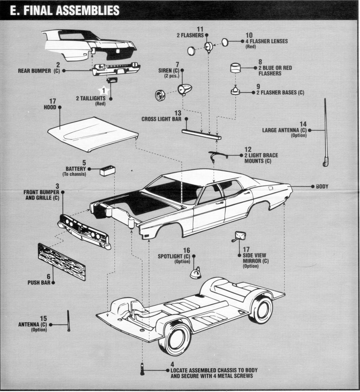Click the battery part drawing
(x=108, y=170)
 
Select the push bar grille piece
(x=61, y=262)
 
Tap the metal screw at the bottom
(x=142, y=369)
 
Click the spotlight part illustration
(x=196, y=273)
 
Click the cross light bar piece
(x=201, y=134)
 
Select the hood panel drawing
(x=92, y=134)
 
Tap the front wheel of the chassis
(x=175, y=337)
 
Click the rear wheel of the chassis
(x=261, y=309)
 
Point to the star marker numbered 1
(x=103, y=90)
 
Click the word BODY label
(x=322, y=186)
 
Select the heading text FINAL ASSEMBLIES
(x=64, y=10)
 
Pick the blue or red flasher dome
(x=236, y=68)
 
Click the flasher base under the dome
(x=235, y=91)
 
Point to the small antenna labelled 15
(x=69, y=321)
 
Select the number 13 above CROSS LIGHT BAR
(x=178, y=113)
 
